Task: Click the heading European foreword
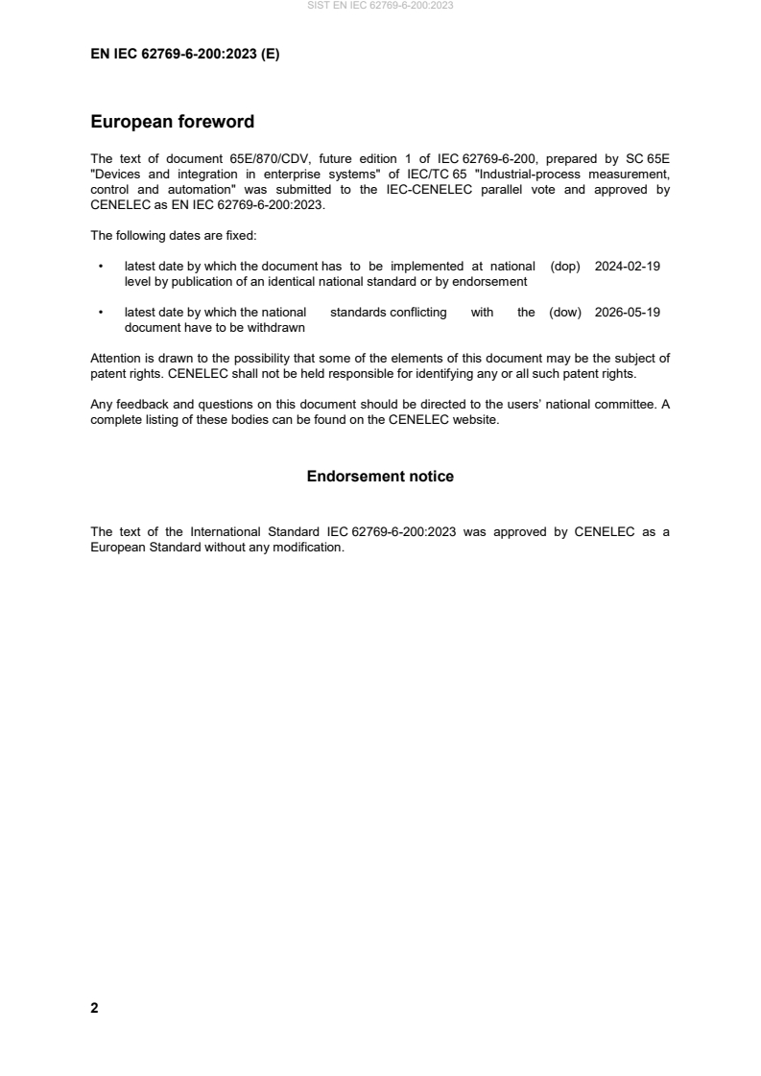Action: coord(172,122)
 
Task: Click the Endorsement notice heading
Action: coord(380,477)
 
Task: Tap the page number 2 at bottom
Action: coord(94,1008)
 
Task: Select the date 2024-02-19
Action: coord(628,267)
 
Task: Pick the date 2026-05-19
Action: coord(628,312)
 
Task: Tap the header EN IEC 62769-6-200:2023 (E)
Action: coord(184,55)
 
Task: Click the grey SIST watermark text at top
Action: coord(380,6)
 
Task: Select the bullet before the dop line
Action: coord(101,267)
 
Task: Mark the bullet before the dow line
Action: coord(101,312)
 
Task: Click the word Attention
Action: coord(117,359)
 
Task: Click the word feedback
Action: coord(140,404)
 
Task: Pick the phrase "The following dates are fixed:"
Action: coord(167,235)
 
